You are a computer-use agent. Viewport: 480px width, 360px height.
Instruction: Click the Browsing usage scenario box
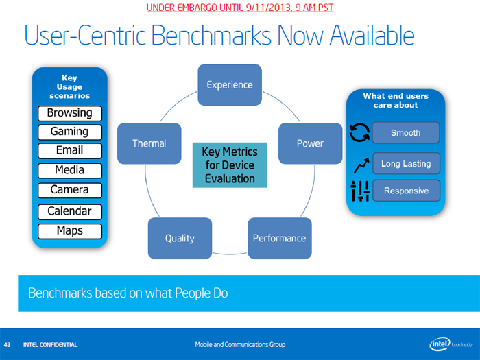point(69,112)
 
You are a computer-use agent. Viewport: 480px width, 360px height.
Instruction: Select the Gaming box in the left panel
point(69,131)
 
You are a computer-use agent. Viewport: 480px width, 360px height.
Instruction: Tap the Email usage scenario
point(69,149)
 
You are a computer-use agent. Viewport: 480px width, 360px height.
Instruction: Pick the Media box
point(69,169)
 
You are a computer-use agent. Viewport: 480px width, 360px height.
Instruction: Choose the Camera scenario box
point(69,189)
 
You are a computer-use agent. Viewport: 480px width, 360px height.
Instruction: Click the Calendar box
point(69,211)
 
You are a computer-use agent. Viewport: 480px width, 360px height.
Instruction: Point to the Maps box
point(69,231)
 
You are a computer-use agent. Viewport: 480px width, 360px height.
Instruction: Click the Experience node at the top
point(230,85)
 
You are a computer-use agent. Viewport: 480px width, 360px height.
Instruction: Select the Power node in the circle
point(310,143)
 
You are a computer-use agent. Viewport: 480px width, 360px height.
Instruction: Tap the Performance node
point(279,238)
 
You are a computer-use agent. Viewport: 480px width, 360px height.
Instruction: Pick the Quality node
point(180,238)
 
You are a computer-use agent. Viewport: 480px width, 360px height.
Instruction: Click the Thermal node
point(149,143)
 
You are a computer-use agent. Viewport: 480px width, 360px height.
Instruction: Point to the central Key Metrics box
point(228,165)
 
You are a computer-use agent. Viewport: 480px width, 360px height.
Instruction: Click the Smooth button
point(405,132)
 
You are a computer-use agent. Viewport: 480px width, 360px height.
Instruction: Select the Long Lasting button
point(405,164)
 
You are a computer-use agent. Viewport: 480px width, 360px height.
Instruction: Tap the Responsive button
point(405,191)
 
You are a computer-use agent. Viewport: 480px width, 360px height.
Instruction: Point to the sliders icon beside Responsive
point(359,191)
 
